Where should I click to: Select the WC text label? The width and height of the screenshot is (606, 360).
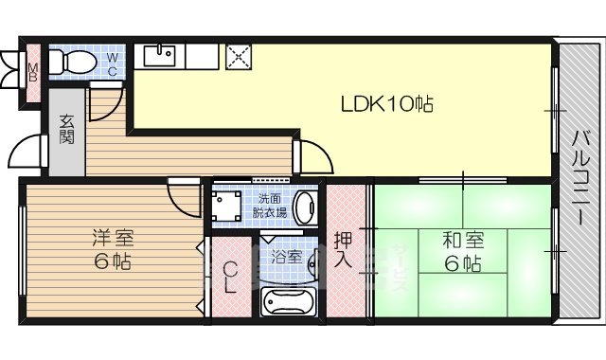coord(112,64)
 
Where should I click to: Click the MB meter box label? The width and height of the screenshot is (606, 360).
coord(33,71)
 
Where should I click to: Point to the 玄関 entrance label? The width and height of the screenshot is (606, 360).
coord(67,128)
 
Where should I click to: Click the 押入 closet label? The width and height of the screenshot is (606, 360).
coord(344,248)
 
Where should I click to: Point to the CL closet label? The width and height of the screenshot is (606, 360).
coord(229,279)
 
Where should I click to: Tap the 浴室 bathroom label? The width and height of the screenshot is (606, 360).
coord(286,257)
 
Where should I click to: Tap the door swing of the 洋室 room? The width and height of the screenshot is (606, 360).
coord(181,194)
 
